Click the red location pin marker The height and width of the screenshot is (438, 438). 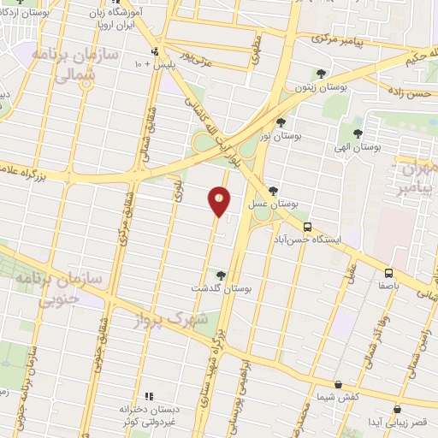220,201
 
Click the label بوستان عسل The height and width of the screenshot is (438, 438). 272,206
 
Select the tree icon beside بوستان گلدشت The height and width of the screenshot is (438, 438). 222,275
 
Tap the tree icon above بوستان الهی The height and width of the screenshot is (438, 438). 358,133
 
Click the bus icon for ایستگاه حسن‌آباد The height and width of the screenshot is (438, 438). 306,226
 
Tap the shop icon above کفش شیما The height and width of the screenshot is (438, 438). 339,385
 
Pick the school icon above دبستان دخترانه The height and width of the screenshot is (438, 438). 147,396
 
